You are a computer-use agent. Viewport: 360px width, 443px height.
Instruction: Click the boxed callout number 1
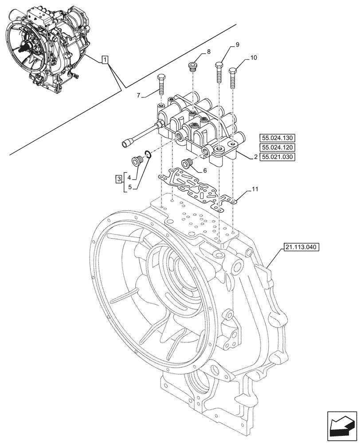click(104, 59)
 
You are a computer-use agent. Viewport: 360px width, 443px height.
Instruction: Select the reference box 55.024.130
click(277, 138)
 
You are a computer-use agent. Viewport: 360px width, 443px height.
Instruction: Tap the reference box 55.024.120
click(277, 148)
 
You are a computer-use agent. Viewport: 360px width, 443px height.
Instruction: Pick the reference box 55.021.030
click(277, 157)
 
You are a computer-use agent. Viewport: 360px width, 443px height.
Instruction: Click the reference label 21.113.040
click(299, 247)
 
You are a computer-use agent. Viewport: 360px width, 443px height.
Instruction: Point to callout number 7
click(139, 95)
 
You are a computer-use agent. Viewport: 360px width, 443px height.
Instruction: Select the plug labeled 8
click(192, 67)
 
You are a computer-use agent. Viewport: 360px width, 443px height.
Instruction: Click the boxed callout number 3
click(118, 179)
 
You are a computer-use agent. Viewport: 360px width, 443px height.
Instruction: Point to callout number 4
click(129, 177)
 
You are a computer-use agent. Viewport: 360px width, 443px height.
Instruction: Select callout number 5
click(129, 187)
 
